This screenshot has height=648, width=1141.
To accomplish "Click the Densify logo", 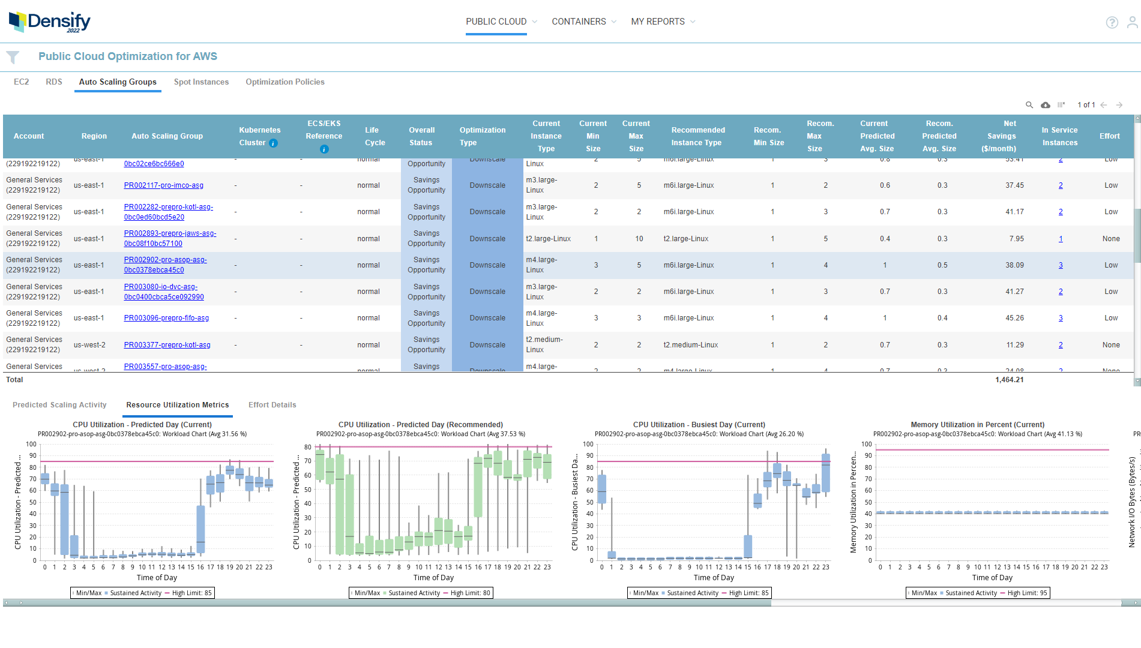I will (x=49, y=22).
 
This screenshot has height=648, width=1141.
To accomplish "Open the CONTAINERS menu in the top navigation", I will (x=579, y=22).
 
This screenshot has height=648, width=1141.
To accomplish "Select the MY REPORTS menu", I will (x=657, y=22).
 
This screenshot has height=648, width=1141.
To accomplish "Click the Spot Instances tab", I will (x=201, y=82).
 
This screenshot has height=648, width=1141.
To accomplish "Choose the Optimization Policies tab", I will (x=284, y=82).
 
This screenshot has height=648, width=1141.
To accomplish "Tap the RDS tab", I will (x=54, y=82).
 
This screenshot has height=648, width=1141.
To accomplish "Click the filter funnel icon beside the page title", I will (x=13, y=57).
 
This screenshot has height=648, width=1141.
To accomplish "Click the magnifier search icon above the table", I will (x=1029, y=105).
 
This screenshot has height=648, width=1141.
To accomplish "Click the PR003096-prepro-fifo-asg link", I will (x=166, y=318).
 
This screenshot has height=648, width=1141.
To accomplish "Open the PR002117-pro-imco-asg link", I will (x=163, y=185).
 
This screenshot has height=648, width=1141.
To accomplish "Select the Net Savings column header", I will (x=1001, y=136).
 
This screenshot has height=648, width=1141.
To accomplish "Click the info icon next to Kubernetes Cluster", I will (x=274, y=143).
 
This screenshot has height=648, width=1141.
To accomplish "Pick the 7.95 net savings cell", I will (x=1016, y=239).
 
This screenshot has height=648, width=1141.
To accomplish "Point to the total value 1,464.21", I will (x=1009, y=380).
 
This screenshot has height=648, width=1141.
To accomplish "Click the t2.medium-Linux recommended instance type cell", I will (x=690, y=345).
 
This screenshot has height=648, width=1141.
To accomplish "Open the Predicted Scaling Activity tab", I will (x=59, y=405).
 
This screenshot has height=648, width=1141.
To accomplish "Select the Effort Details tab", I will (x=272, y=405).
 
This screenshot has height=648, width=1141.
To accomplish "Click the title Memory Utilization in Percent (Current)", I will (x=977, y=425).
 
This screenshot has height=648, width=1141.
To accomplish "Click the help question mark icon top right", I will (x=1112, y=23).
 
